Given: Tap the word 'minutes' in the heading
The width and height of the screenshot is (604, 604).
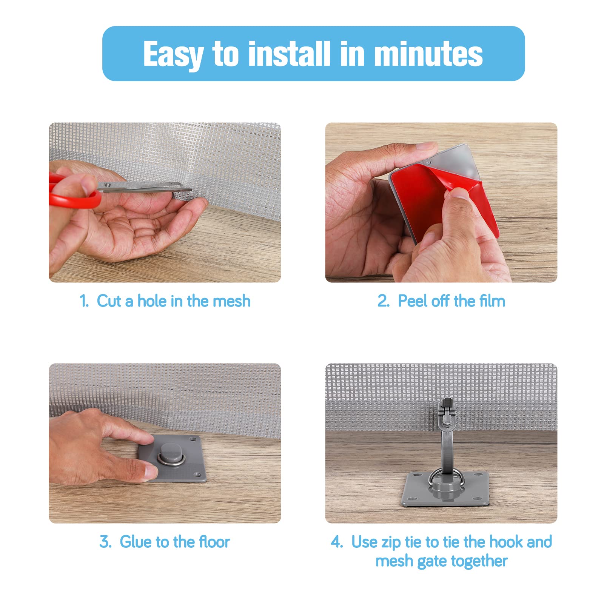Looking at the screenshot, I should tap(428, 54).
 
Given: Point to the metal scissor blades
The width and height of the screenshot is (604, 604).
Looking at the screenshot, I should tap(147, 186).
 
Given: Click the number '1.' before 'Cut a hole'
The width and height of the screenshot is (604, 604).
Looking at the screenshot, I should tap(84, 301).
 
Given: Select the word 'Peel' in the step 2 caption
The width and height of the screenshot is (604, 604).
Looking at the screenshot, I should tap(413, 301).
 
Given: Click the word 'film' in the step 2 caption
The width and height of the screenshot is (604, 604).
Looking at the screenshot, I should tap(492, 301).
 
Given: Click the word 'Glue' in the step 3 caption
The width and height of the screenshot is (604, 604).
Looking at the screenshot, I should tap(136, 542).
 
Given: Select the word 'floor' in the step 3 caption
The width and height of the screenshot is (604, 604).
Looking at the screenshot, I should tap(214, 542).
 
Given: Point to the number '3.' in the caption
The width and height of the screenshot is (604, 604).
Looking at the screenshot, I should tap(105, 542).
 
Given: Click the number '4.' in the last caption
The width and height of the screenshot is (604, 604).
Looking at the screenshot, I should tap(337, 542).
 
